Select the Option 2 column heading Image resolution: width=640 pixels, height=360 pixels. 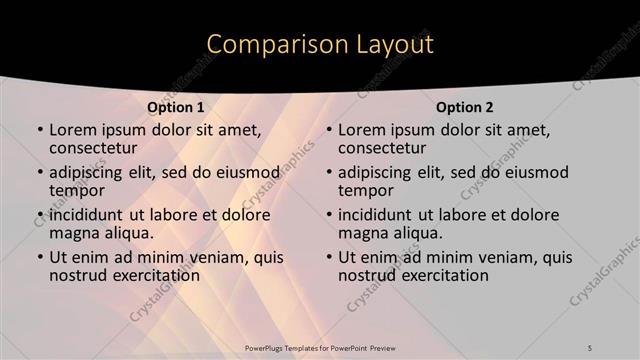coord(465,107)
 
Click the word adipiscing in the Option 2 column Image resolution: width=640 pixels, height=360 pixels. coord(379,172)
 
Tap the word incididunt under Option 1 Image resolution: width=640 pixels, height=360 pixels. coord(92,215)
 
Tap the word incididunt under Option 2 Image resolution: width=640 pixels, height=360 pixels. coord(381,215)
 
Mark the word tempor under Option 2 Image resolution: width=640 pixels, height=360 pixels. coord(363,190)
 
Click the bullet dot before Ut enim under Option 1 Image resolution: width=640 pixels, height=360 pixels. coord(39,258)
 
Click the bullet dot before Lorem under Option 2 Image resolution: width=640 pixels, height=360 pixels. coord(328,130)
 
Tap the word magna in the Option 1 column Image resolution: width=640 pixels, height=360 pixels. coord(74,233)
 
